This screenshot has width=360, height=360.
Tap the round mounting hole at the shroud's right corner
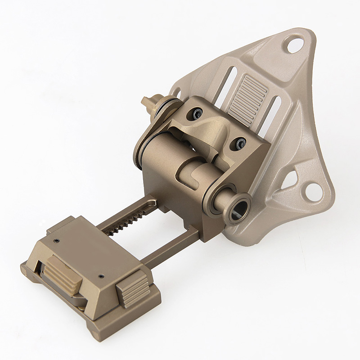coord(313,191)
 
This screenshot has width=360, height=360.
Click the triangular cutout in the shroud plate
coord(288,180)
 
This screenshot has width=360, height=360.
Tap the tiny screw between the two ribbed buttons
coord(101,275)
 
